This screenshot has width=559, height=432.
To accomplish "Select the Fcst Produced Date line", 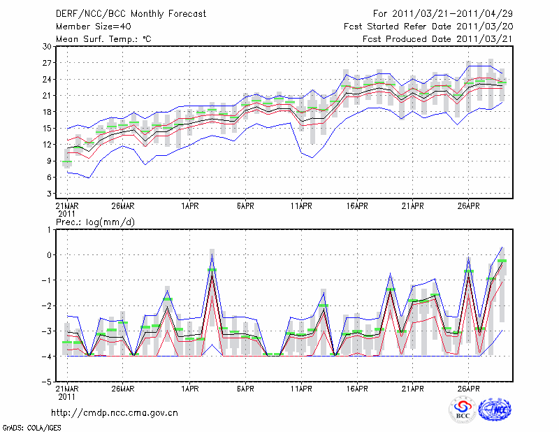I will pos(437,38).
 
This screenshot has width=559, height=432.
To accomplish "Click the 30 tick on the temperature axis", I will pos(47,46).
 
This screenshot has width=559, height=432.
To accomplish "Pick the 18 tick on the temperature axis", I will pos(47,112).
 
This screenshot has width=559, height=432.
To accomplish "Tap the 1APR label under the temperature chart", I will pos(189,207).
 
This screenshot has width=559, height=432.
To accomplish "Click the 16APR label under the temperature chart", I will pos(356,207).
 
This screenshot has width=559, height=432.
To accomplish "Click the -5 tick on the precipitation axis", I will pos(47,382).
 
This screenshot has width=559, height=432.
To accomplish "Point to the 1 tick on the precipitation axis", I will pos(49,229).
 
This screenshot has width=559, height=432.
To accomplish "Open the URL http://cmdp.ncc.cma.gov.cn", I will pos(115,412).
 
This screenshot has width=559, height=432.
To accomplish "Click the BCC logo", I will pos(463,410).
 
